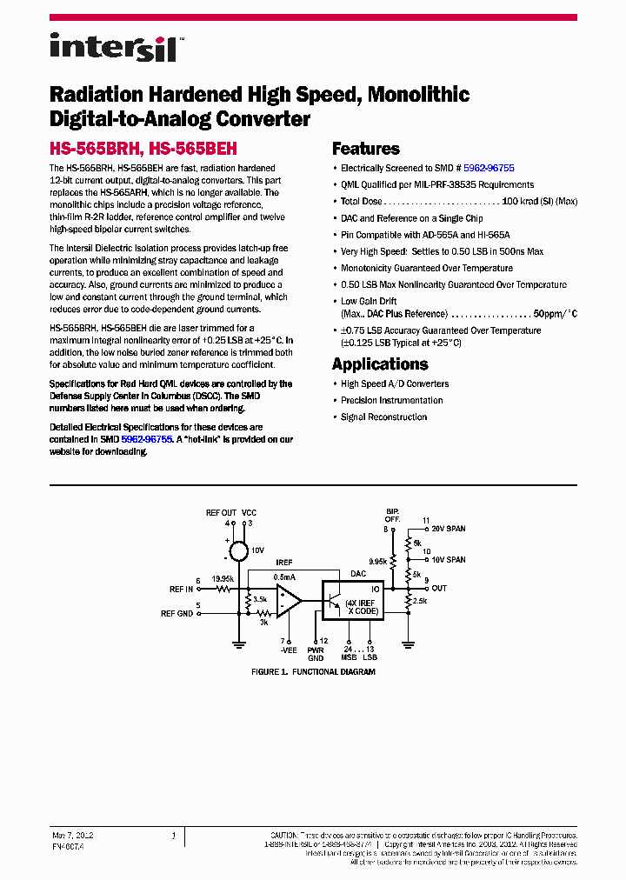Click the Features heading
click(366, 149)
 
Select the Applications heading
click(380, 364)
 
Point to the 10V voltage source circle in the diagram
click(235, 550)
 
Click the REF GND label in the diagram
click(176, 613)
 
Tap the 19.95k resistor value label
click(223, 578)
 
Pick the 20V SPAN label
click(449, 529)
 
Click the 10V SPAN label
click(449, 560)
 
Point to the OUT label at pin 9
click(439, 589)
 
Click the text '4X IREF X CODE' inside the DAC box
click(362, 607)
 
